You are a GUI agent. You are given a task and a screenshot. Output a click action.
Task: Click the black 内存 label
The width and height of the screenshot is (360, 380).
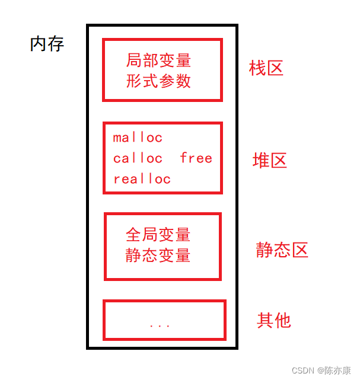(x=47, y=44)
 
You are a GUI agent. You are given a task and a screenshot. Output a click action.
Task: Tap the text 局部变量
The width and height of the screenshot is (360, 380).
(x=158, y=60)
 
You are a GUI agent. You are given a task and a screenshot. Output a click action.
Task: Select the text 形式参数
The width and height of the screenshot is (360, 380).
(x=158, y=81)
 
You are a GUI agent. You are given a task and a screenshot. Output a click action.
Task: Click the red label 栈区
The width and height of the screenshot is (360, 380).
(x=266, y=68)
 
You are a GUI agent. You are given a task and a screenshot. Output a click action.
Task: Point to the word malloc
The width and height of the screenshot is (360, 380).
(x=138, y=138)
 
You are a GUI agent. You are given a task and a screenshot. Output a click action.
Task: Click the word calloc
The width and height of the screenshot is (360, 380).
(x=138, y=158)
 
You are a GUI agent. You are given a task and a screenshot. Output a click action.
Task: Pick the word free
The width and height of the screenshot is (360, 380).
(x=196, y=158)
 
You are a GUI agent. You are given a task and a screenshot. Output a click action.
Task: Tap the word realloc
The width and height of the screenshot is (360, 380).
(x=142, y=179)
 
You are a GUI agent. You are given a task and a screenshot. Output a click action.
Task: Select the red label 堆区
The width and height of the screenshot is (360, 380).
(x=270, y=160)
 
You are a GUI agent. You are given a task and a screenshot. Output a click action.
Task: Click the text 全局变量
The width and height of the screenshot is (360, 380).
(x=158, y=235)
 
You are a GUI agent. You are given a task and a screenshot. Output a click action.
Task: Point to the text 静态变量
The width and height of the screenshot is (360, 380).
(x=158, y=256)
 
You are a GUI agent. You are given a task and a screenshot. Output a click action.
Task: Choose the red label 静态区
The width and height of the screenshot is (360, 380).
(x=282, y=250)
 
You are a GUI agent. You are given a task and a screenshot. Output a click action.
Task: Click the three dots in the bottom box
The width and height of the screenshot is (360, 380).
(x=160, y=325)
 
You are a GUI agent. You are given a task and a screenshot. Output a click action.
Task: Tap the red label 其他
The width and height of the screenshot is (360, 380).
(x=274, y=320)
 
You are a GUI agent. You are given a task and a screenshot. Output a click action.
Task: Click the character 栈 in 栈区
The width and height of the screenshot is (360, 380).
(x=257, y=68)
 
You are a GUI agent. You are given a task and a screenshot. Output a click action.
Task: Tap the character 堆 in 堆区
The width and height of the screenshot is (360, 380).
(x=261, y=160)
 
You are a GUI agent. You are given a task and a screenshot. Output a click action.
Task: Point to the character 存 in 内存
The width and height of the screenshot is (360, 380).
(x=56, y=44)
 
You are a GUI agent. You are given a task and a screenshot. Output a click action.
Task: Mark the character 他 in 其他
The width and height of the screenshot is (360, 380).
(x=283, y=320)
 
